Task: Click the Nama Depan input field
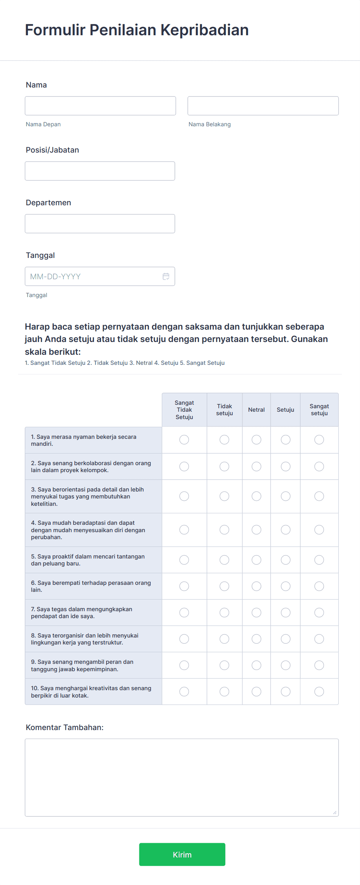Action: (100, 106)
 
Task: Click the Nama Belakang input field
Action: (263, 106)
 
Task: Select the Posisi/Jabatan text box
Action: (100, 171)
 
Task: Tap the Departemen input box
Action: (100, 223)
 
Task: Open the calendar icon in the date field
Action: (166, 276)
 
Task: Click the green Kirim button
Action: (182, 854)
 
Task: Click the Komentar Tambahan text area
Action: (182, 777)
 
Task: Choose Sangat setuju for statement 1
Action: (319, 440)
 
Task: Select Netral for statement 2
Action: (256, 466)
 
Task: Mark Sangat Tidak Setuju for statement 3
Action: (184, 496)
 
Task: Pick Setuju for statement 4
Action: (286, 529)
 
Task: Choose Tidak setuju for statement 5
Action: (225, 560)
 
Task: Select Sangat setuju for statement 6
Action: (319, 586)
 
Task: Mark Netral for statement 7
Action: (256, 612)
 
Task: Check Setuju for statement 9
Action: (286, 665)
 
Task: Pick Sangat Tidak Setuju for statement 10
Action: (184, 691)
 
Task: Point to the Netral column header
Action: (256, 410)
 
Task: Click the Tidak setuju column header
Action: (225, 410)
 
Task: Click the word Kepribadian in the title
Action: (204, 30)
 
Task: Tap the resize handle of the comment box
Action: (335, 813)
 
